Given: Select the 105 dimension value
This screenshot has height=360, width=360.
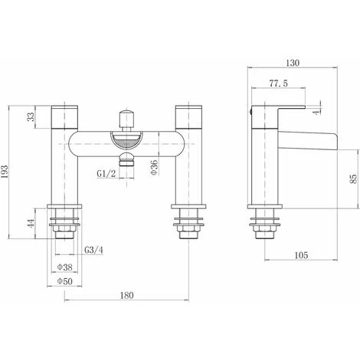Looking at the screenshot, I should (301, 255).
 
